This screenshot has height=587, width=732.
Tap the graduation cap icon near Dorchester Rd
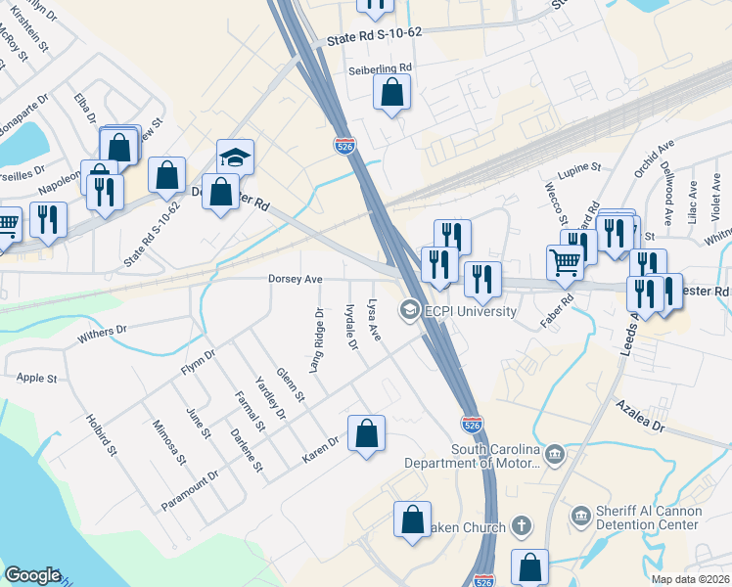pos(235,157)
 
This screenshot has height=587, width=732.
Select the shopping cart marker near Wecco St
pos(566,262)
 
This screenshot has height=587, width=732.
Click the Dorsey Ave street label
pos(296,279)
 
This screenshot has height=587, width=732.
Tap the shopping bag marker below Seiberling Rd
pos(391,93)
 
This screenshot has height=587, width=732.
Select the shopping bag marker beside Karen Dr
pos(366,434)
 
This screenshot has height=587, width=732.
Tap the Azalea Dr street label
pos(640,415)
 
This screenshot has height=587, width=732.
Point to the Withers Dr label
pos(101,335)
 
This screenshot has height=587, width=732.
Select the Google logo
pos(32,575)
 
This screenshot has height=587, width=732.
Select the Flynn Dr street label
pos(197,363)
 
